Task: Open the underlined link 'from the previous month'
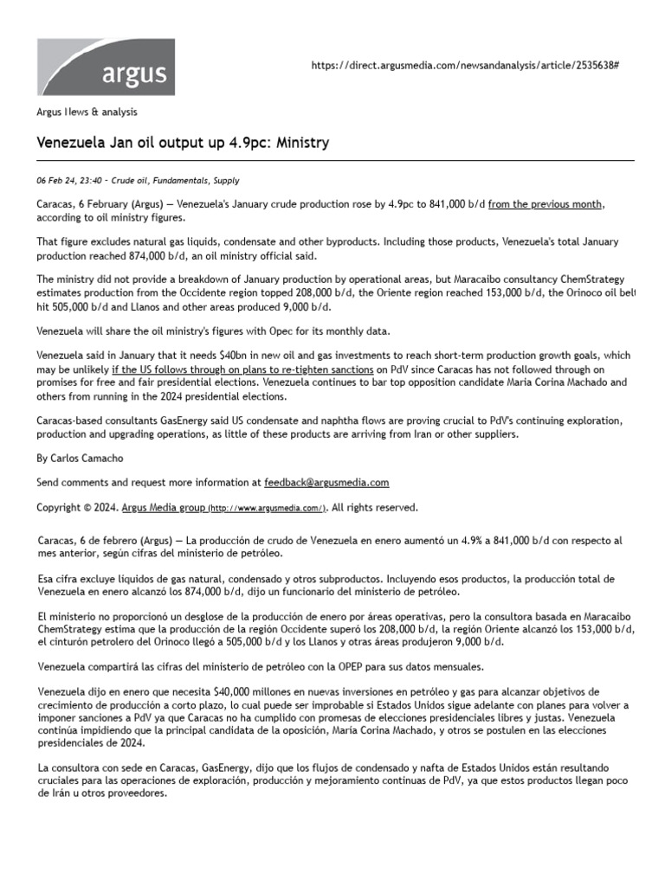click(x=546, y=203)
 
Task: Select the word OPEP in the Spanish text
click(x=322, y=667)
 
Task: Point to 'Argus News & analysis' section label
click(x=86, y=112)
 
